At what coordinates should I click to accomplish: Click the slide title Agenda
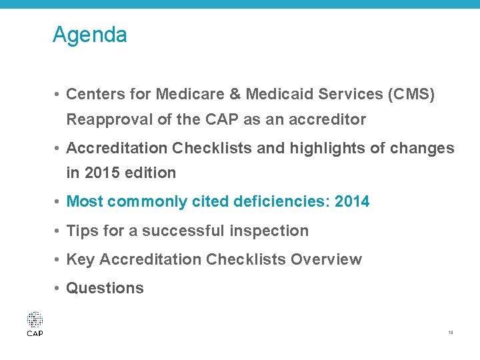click(x=89, y=35)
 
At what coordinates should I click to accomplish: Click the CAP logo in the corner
click(x=35, y=324)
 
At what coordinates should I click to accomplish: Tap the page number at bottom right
click(x=451, y=331)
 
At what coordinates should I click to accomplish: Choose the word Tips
click(x=83, y=231)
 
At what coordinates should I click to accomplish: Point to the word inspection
click(x=271, y=231)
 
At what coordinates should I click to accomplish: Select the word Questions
click(x=105, y=288)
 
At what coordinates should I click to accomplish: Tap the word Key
click(x=81, y=259)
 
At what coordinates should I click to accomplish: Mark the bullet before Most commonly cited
click(x=59, y=201)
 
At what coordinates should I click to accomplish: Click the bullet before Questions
click(x=59, y=288)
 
